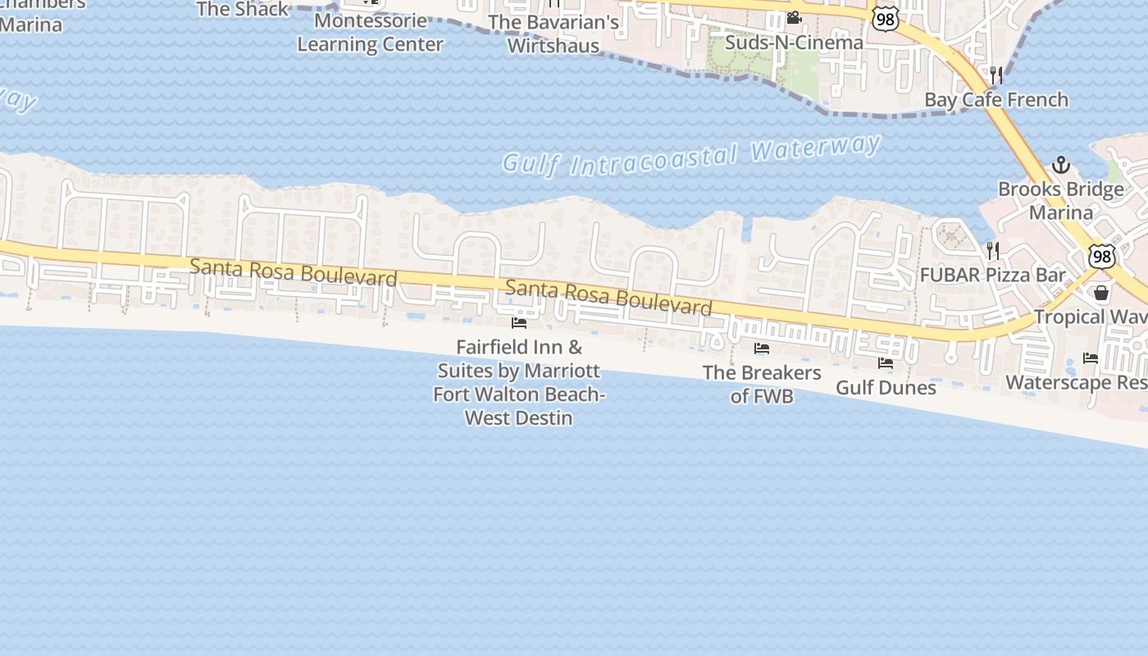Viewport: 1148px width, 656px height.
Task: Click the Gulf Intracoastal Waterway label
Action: pyautogui.click(x=691, y=156)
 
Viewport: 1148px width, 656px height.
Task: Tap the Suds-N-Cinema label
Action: pyautogui.click(x=795, y=43)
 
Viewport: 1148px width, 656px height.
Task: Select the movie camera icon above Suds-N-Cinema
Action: pyautogui.click(x=794, y=17)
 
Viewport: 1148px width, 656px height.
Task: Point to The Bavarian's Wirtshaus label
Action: pyautogui.click(x=553, y=34)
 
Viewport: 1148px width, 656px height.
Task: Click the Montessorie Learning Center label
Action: pyautogui.click(x=370, y=33)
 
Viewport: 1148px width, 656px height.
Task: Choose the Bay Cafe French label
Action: pyautogui.click(x=996, y=100)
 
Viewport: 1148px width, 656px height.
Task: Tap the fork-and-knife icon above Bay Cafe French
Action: pyautogui.click(x=996, y=75)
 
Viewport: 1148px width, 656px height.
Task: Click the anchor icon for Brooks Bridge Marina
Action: pyautogui.click(x=1061, y=165)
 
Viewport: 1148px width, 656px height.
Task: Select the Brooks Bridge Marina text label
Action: pyautogui.click(x=1061, y=201)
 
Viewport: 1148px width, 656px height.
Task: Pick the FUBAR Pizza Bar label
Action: pyautogui.click(x=993, y=276)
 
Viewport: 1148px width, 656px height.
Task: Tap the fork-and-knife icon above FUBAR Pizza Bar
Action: pyautogui.click(x=993, y=250)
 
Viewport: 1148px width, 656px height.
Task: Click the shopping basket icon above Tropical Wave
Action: pyautogui.click(x=1101, y=293)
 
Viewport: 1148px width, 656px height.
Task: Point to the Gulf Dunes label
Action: pyautogui.click(x=886, y=387)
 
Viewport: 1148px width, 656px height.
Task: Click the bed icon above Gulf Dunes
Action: pyautogui.click(x=886, y=362)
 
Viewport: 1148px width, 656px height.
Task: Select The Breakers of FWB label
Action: pyautogui.click(x=762, y=384)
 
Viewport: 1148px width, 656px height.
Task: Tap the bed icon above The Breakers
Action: pyautogui.click(x=762, y=348)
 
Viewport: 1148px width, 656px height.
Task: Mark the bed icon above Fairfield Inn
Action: pyautogui.click(x=519, y=323)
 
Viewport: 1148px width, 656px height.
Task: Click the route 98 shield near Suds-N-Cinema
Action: pyautogui.click(x=886, y=19)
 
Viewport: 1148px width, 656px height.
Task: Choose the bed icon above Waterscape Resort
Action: pyautogui.click(x=1091, y=358)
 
